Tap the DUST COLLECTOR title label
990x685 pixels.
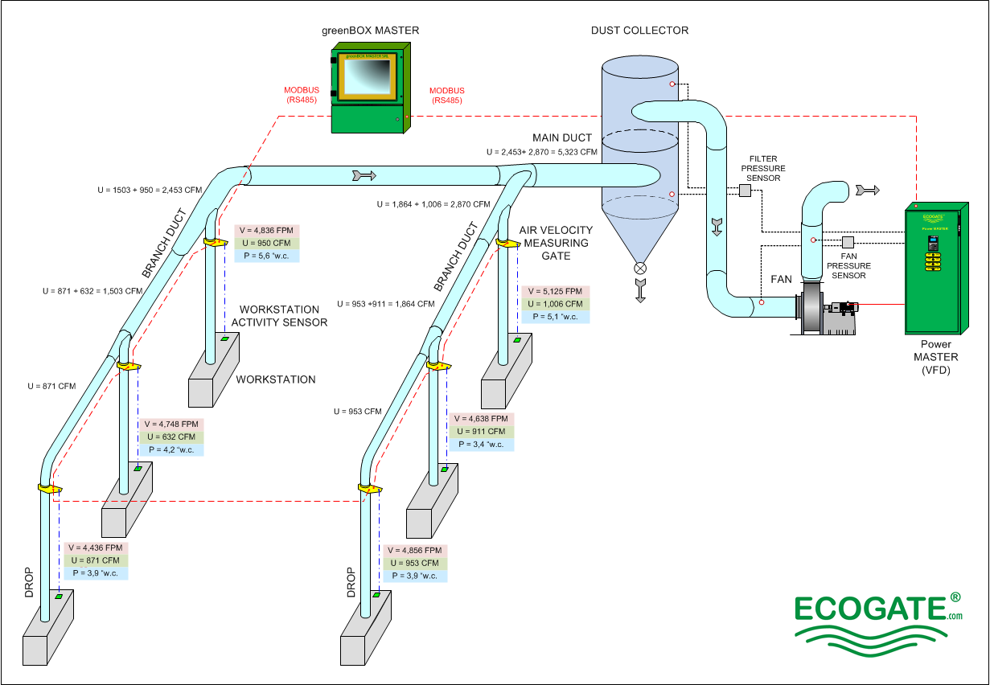point(639,31)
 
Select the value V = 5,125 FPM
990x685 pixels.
point(555,291)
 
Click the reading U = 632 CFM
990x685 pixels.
point(171,437)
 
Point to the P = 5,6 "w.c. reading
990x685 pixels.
point(267,255)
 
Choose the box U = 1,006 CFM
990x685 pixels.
point(555,304)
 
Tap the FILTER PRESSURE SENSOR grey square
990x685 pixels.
point(745,191)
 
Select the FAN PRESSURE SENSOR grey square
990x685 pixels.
point(848,242)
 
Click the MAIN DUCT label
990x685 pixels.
point(561,137)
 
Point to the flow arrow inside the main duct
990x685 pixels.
point(364,174)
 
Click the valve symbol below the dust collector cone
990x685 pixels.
point(640,269)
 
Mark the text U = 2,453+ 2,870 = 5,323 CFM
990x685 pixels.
point(541,151)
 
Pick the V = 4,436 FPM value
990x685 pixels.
point(97,548)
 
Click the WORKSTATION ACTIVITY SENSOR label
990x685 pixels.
point(279,316)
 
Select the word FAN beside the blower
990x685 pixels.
point(782,280)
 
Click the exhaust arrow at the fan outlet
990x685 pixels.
point(868,190)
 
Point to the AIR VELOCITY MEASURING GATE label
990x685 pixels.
point(554,243)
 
